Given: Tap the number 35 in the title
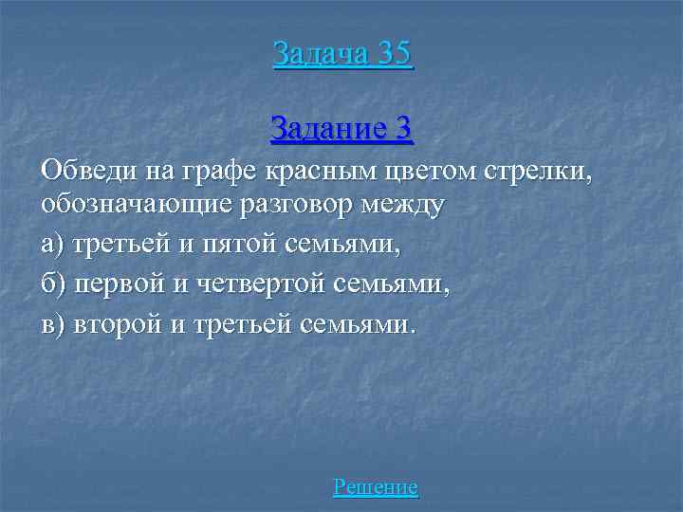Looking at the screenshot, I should point(394,53).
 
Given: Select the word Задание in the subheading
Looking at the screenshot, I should point(328,127).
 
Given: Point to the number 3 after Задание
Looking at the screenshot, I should point(404,127).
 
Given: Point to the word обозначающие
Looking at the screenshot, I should point(144,205).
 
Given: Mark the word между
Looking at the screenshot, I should point(409,205).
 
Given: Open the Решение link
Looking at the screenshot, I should point(376,488).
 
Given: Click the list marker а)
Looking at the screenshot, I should point(53,245).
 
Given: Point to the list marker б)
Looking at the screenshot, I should point(53,284).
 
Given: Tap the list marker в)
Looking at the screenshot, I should point(53,324).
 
